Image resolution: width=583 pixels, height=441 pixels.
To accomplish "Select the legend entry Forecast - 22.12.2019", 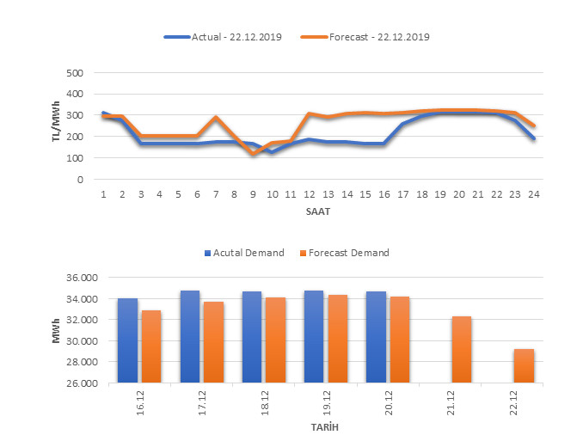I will coord(366,37).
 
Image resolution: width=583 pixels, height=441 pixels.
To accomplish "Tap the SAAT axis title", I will coord(318,211).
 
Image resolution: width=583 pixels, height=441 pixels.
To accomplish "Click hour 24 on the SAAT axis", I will coord(534,194).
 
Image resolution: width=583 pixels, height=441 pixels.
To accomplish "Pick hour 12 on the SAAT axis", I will coord(309,194).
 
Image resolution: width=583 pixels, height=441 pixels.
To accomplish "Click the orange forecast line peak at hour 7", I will coord(216,118).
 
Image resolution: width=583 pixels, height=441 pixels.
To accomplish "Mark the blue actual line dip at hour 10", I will coord(272,152).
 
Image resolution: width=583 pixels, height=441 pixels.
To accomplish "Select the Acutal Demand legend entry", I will coord(244,253).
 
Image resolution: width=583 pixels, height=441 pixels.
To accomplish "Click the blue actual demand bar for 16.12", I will coord(127,340).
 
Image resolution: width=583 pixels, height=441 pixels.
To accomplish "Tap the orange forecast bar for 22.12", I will coord(524,365).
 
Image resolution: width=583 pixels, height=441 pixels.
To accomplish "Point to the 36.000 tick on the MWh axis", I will coord(83,278).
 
